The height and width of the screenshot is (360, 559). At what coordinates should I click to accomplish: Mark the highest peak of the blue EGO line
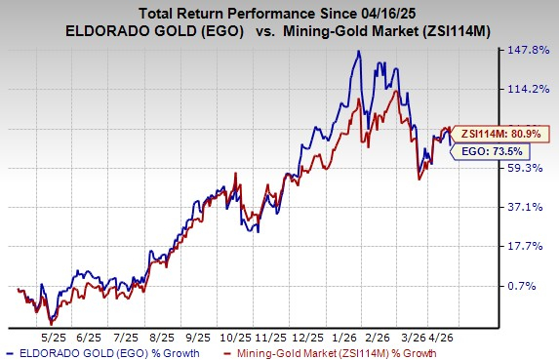(359, 52)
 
